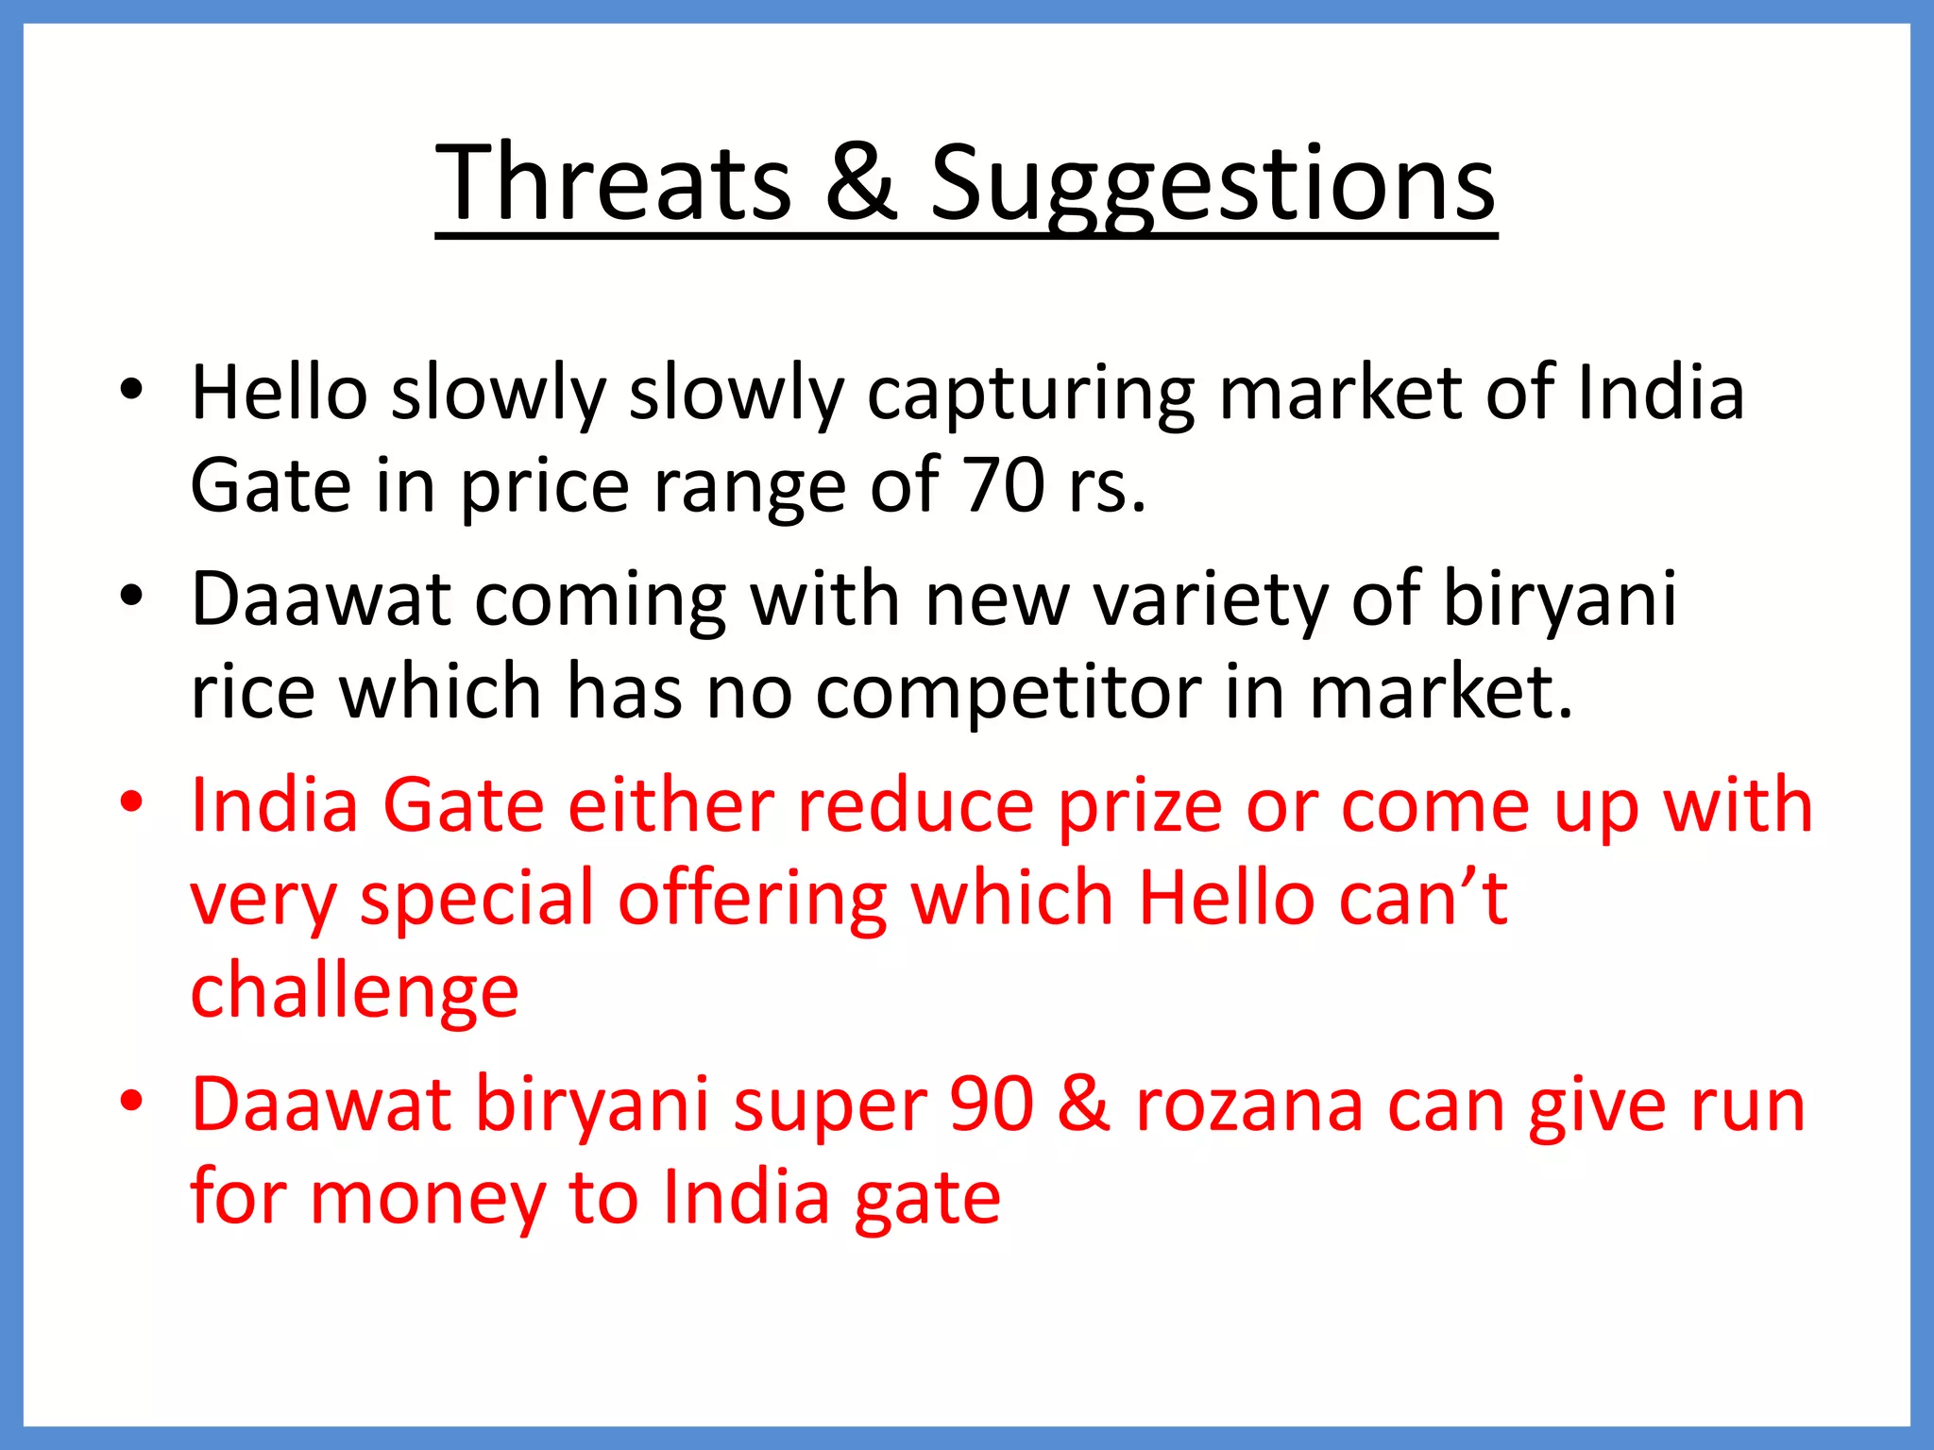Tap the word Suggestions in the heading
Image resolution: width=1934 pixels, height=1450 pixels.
(1213, 184)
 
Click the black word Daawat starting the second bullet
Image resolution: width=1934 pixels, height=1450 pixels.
(321, 599)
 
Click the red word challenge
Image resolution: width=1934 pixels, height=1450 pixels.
(354, 992)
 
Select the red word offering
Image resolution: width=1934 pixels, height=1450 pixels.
(753, 900)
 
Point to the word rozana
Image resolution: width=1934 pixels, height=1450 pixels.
(1248, 1105)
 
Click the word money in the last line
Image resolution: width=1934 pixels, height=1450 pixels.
(427, 1197)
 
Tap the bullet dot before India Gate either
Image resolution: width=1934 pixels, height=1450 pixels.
(131, 802)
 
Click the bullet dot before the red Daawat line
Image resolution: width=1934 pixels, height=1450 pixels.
(131, 1101)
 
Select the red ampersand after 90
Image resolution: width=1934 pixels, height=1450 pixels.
(1084, 1104)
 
